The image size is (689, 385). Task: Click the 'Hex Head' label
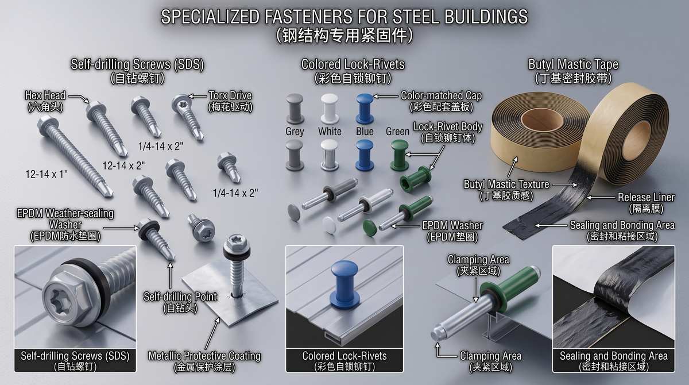coord(45,96)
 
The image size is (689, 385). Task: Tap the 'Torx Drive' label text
coord(230,95)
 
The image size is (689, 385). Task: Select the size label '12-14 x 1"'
coord(47,175)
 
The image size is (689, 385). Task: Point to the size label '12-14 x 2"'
coord(123,166)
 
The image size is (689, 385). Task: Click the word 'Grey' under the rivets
coord(295,132)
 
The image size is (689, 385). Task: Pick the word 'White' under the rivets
coord(330,132)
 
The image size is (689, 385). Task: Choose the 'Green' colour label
coord(397,132)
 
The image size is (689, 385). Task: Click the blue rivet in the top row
coord(365,109)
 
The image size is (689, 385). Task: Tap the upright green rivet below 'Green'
coord(399,155)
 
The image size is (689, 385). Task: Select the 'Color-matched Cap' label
coord(441,96)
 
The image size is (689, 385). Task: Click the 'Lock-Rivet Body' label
coord(448,126)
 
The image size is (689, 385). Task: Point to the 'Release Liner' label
coord(647,197)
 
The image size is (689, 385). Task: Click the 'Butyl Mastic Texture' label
coord(506,184)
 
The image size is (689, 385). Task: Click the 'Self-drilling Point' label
coord(180,297)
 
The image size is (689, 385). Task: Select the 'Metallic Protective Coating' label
coord(204,356)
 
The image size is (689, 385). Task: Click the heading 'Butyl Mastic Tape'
coord(574,64)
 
